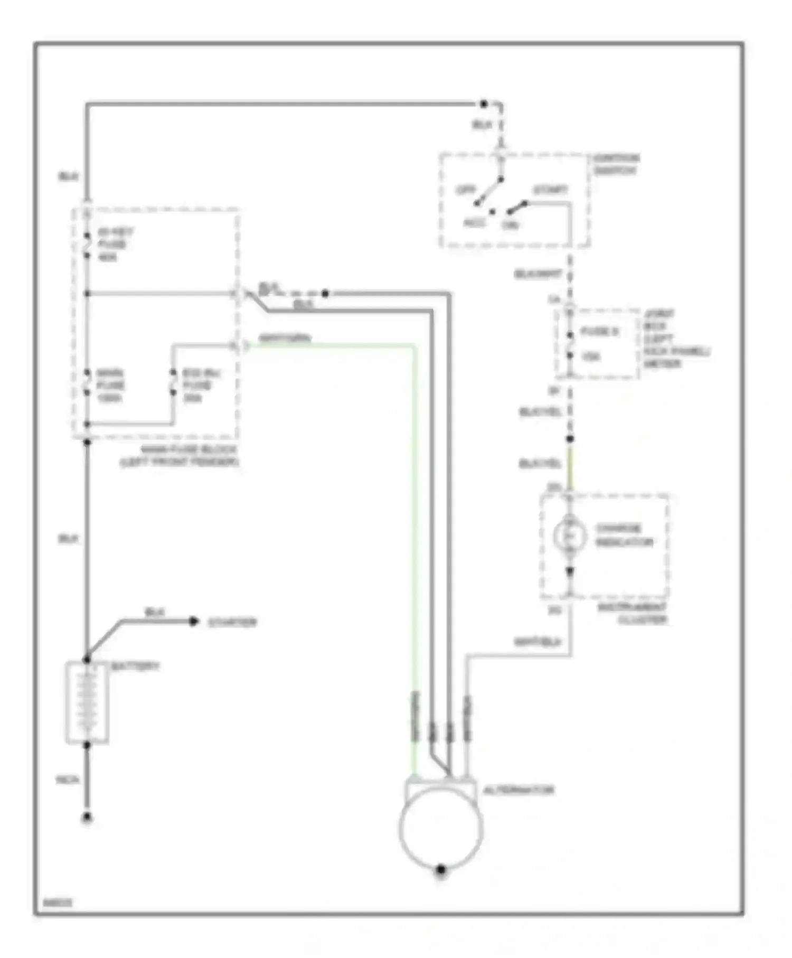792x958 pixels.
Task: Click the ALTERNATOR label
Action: click(518, 790)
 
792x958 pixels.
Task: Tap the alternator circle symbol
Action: click(441, 828)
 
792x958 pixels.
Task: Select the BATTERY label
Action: click(135, 666)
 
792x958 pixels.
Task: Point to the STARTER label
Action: click(232, 622)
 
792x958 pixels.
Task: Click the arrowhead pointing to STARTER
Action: click(194, 622)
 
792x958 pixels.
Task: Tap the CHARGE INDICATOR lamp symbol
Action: click(570, 536)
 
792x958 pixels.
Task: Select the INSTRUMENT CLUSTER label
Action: click(633, 614)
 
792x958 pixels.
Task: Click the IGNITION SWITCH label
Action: click(616, 164)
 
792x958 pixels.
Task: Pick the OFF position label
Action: click(466, 190)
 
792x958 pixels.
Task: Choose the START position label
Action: click(550, 190)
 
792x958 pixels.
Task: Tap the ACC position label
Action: click(474, 223)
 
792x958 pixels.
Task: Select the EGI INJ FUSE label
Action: click(201, 386)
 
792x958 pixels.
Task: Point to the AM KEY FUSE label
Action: click(115, 244)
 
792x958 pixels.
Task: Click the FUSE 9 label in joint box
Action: click(599, 332)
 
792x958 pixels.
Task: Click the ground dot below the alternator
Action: click(441, 870)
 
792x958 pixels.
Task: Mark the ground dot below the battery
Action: click(87, 818)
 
